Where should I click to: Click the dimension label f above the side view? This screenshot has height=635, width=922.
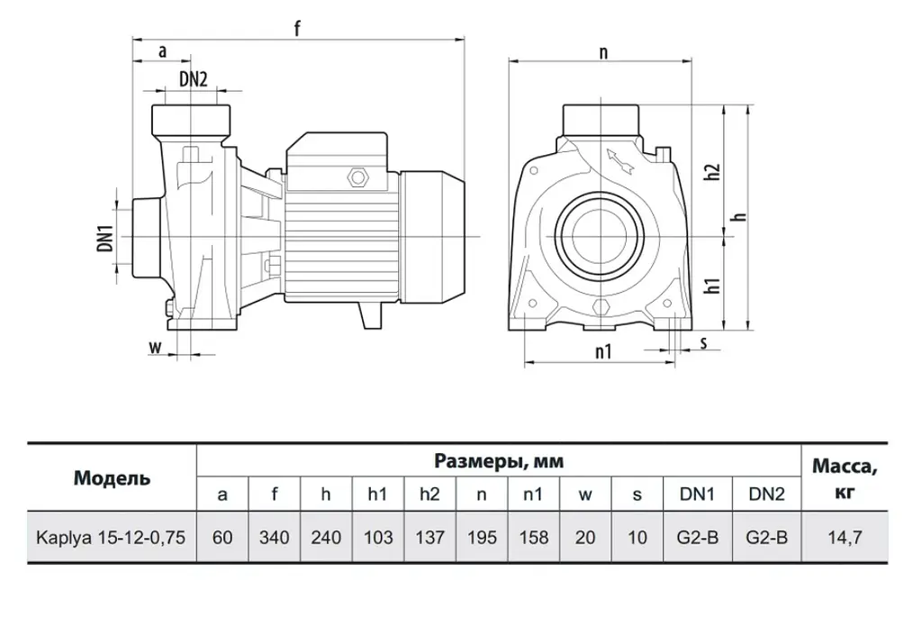point(297,28)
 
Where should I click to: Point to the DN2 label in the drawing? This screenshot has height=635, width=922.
point(194,78)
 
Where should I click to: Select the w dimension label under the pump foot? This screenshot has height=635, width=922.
point(155,347)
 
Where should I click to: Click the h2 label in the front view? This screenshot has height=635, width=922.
point(713,172)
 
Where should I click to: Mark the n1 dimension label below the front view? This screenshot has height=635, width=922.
point(603,351)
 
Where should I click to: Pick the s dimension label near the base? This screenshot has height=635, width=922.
point(704,343)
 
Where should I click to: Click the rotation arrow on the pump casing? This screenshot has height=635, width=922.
point(619,161)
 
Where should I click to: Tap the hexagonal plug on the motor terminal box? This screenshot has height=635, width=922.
point(357,177)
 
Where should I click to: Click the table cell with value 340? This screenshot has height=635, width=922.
point(274,538)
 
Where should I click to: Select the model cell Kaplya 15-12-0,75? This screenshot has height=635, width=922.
point(111,538)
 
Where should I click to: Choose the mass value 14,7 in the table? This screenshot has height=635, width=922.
point(845,538)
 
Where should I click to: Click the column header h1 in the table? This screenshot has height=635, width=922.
point(377,494)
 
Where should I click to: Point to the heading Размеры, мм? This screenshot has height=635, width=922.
point(499,461)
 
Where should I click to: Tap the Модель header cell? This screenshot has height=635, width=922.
point(112,478)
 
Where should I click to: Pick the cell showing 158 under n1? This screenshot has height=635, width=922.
point(533,538)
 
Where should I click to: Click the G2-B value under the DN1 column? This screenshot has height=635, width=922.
point(698,538)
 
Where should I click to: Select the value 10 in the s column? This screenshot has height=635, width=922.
point(637,538)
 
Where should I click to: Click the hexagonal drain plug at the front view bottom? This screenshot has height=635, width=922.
point(601,307)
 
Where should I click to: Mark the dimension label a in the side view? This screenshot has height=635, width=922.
point(163,51)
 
